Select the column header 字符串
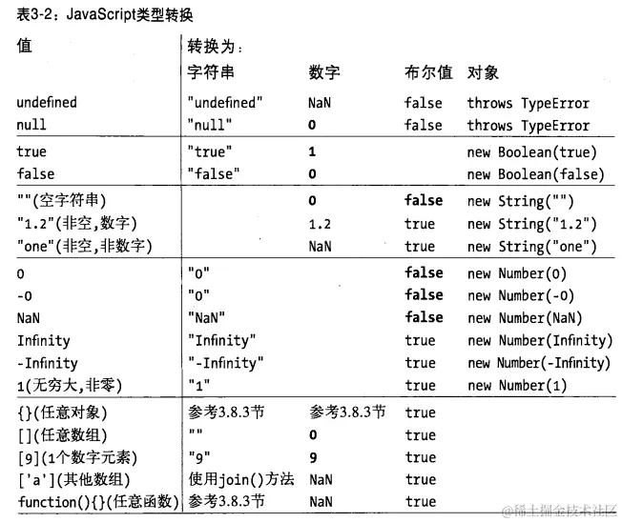coord(212,73)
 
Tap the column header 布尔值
coord(427,73)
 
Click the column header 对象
coord(483,73)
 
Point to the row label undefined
coord(47,103)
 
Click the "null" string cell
coord(212,125)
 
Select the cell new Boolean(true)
coord(531,151)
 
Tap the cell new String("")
coord(521,201)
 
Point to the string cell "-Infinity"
coord(227,362)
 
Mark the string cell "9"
coord(199,457)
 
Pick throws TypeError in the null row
coord(529,125)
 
